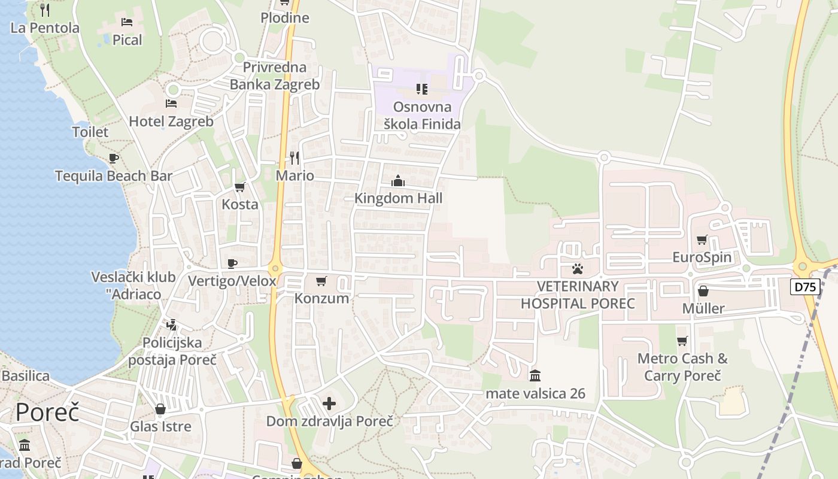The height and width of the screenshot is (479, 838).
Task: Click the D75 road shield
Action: click(x=805, y=287)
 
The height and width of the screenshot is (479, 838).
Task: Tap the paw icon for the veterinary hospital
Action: click(x=577, y=269)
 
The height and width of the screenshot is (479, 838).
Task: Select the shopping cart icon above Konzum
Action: click(x=321, y=281)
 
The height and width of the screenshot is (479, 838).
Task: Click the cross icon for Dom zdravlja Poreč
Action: click(x=329, y=404)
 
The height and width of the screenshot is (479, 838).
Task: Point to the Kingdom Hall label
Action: click(x=398, y=198)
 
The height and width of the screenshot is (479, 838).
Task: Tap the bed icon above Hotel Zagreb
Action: click(x=171, y=104)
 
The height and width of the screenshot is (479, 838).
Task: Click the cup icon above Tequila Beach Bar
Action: click(x=114, y=159)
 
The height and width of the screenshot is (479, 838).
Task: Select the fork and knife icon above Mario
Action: click(x=294, y=158)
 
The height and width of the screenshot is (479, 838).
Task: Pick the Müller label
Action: click(x=703, y=309)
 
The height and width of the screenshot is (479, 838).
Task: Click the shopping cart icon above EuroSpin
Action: click(x=702, y=240)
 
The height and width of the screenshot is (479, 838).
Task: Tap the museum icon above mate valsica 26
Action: click(x=535, y=376)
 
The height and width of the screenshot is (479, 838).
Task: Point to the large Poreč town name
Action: click(x=47, y=413)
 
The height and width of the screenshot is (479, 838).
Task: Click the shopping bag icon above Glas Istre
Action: click(x=160, y=410)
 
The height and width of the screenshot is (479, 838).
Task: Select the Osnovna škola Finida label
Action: click(x=423, y=116)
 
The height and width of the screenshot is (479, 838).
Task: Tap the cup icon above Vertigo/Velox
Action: click(x=232, y=263)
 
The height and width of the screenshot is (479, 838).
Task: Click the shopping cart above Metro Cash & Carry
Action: click(x=682, y=341)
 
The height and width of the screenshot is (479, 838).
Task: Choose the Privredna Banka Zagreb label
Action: click(x=275, y=76)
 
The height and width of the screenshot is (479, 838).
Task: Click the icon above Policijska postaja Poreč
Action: click(x=172, y=325)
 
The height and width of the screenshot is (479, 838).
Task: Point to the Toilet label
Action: click(x=90, y=132)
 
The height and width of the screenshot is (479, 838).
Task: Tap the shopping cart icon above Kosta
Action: click(x=240, y=187)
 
